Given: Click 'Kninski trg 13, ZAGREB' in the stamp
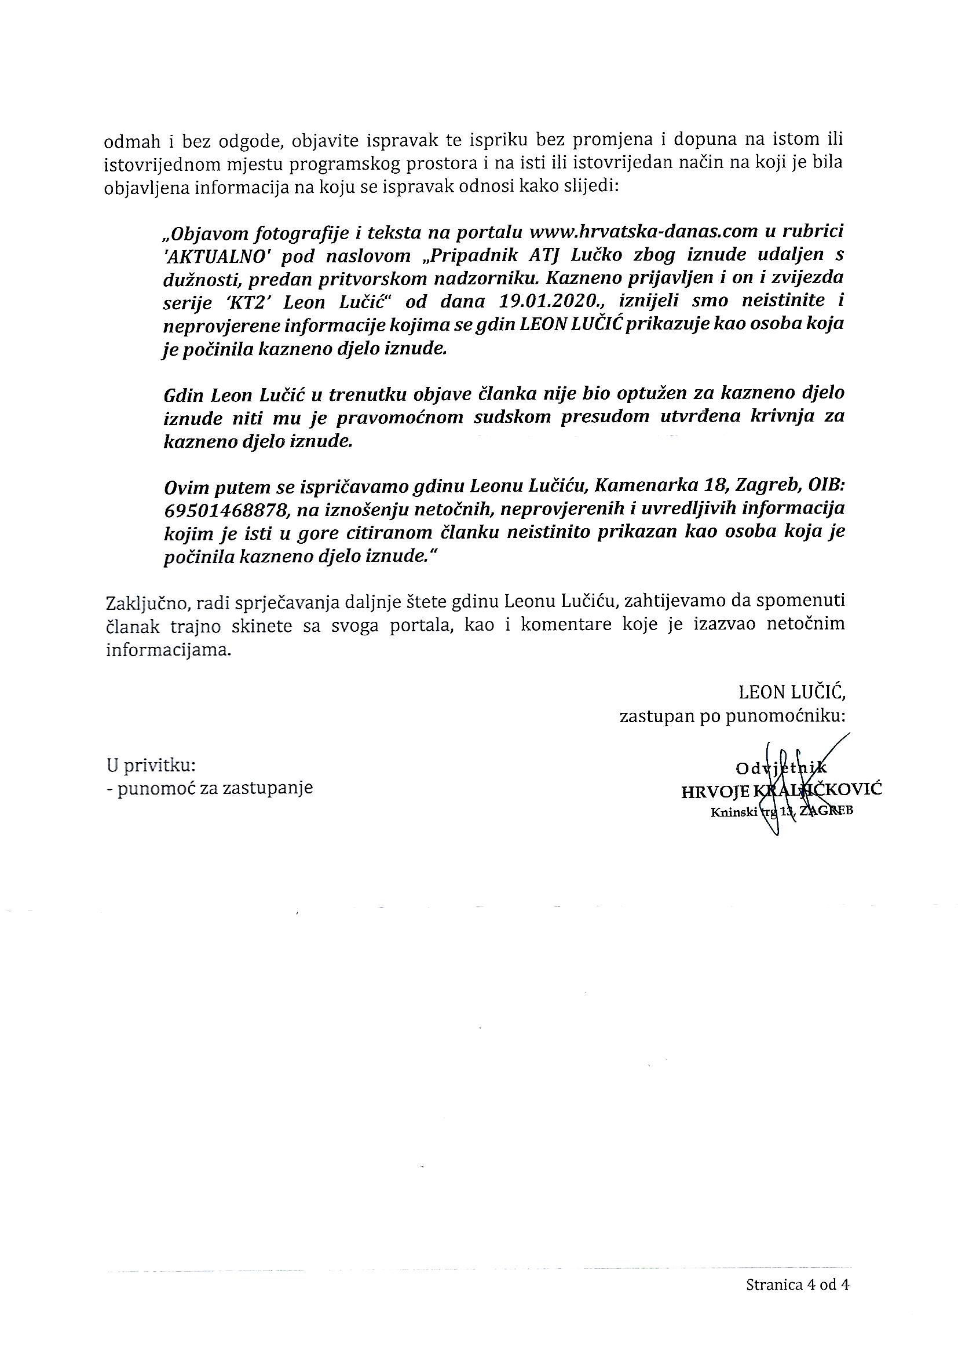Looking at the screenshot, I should [781, 811].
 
